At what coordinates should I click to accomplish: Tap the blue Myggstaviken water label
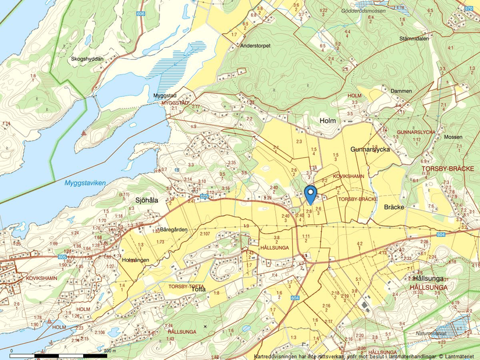pos(85,183)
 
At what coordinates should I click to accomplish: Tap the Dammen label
pos(401,91)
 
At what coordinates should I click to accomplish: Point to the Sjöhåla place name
pos(147,200)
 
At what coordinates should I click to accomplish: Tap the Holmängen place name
pos(136,259)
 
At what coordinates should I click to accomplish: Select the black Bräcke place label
pos(395,206)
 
